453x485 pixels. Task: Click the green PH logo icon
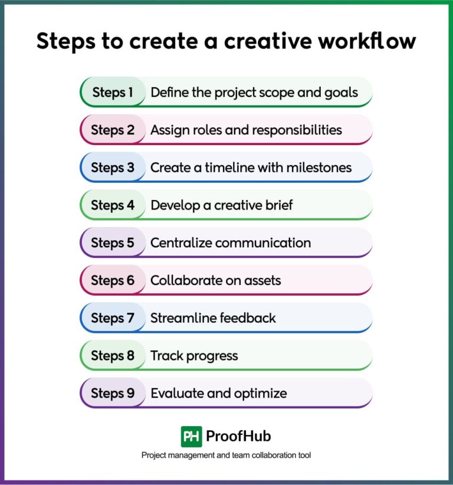(191, 437)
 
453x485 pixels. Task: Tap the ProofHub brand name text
(238, 437)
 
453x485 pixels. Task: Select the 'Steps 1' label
(113, 92)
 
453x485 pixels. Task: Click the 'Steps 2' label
(113, 130)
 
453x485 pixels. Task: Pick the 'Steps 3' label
(113, 168)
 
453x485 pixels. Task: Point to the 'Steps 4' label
(113, 205)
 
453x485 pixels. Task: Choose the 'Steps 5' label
(113, 242)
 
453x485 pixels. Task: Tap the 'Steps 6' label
(113, 280)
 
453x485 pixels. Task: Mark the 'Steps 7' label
(113, 318)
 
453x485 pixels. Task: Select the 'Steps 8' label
(113, 356)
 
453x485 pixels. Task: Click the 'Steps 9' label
(113, 393)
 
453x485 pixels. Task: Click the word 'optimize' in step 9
(258, 394)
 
